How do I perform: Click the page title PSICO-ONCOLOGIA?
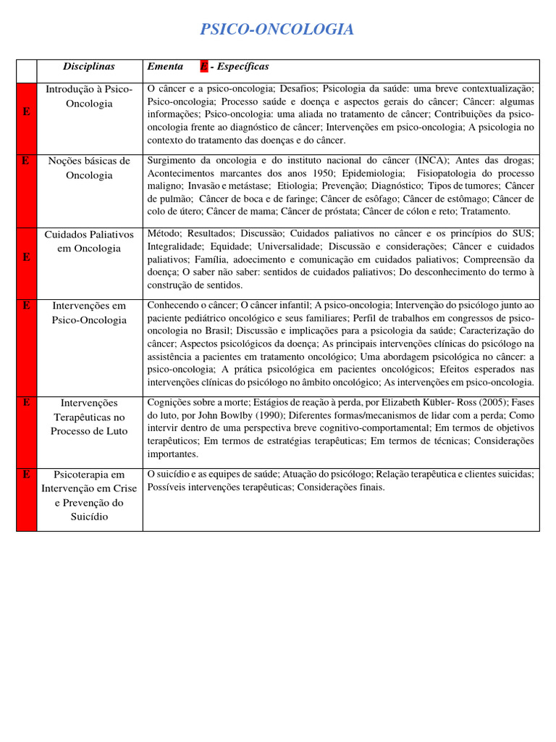tap(277, 30)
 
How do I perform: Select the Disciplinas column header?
tap(89, 67)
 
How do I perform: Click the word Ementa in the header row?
tap(165, 67)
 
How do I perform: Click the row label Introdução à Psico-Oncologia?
tap(89, 96)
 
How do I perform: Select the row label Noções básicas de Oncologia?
tap(89, 168)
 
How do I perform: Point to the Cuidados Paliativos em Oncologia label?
tap(89, 241)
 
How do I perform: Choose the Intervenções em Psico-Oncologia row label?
tap(89, 313)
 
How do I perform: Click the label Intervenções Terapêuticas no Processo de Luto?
tap(89, 417)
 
